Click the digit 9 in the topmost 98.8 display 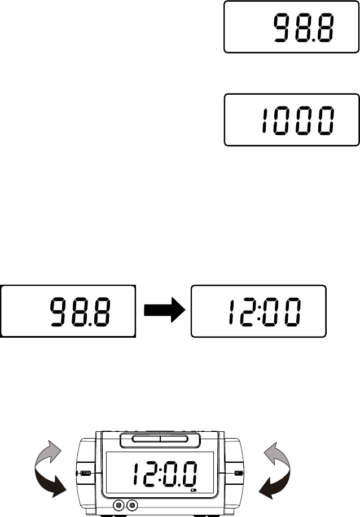[282, 28]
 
